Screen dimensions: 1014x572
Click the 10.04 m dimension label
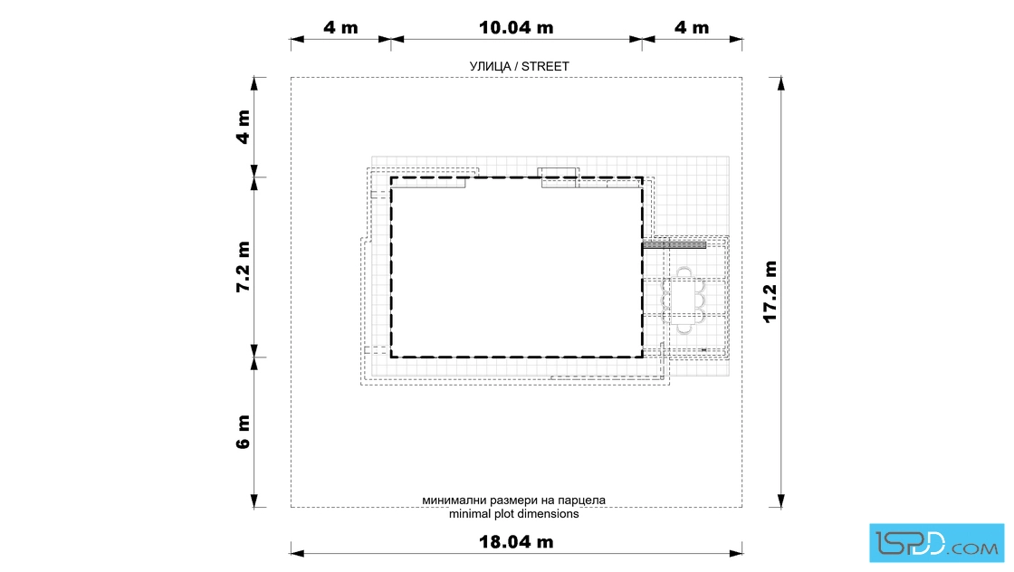[516, 28]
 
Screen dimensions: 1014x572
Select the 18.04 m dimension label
[516, 541]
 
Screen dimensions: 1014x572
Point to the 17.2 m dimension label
[770, 291]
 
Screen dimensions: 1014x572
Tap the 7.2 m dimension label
[243, 267]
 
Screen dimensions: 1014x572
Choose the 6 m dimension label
[243, 432]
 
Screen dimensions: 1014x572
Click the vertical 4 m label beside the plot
[243, 127]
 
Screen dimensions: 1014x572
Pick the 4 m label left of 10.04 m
[340, 28]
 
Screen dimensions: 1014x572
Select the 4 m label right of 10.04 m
[692, 28]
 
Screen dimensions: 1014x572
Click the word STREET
[545, 67]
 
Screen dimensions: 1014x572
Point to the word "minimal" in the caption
[471, 514]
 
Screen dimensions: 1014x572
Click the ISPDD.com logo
[936, 543]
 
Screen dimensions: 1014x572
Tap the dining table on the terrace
[684, 300]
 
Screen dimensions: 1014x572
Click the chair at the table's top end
[684, 272]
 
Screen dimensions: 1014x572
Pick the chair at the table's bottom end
[684, 329]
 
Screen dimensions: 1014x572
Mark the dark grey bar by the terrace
[674, 245]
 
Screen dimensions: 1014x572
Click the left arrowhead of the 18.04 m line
[297, 553]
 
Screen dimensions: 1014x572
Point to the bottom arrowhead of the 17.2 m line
[781, 500]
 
